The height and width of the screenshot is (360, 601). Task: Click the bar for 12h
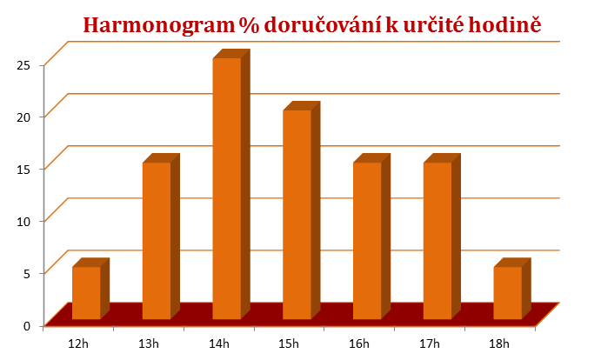click(x=86, y=292)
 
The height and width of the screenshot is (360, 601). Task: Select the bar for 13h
click(x=157, y=240)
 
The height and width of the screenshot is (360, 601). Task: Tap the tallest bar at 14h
click(x=227, y=188)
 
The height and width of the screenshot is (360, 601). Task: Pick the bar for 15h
click(x=297, y=214)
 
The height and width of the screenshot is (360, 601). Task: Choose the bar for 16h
click(x=367, y=240)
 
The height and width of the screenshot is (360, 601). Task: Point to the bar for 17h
click(x=437, y=240)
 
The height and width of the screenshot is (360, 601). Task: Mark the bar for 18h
click(x=507, y=292)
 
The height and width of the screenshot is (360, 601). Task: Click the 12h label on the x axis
click(x=79, y=343)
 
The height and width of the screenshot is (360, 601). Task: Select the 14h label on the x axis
click(x=219, y=343)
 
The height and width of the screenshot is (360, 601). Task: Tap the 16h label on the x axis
click(x=359, y=343)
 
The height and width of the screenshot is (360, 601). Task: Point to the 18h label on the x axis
click(x=499, y=343)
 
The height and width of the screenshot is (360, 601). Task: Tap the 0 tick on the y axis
click(x=27, y=325)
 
